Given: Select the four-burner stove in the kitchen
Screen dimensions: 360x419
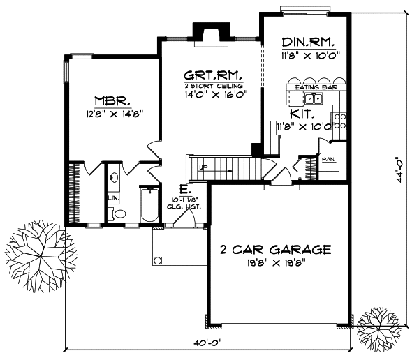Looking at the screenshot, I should click(x=340, y=121).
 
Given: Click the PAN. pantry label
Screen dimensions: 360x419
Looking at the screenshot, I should click(x=328, y=159).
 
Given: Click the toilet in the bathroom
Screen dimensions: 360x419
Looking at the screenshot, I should click(x=119, y=214).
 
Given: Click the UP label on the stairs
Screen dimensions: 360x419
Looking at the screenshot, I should click(x=203, y=168).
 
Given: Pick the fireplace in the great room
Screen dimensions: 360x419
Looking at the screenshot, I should click(x=207, y=33).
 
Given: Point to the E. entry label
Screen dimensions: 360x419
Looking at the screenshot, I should click(x=182, y=189).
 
